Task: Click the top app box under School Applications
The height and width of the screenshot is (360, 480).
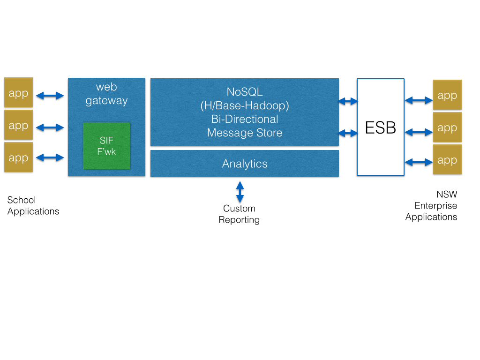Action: tap(19, 93)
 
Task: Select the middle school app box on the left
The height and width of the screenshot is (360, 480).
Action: tap(19, 125)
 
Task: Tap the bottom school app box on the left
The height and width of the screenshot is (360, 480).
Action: tap(19, 157)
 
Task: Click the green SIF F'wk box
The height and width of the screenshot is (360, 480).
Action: tap(106, 146)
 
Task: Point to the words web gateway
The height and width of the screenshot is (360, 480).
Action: tap(106, 94)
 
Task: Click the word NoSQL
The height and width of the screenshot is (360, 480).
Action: tap(245, 92)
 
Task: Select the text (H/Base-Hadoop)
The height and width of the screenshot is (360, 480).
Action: tap(245, 106)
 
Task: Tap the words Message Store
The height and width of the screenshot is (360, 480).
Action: tap(245, 133)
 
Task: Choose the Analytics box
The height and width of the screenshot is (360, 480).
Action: tap(245, 164)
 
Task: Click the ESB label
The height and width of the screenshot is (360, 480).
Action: tap(381, 127)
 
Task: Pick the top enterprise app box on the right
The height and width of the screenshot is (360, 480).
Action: tap(447, 95)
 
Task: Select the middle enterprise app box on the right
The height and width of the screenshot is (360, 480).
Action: tap(447, 127)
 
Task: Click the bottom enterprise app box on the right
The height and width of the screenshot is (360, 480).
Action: tap(447, 160)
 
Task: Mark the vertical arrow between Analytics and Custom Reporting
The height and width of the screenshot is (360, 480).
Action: tap(240, 192)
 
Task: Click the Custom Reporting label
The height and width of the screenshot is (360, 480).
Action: tap(239, 214)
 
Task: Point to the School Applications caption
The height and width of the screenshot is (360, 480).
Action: tap(33, 206)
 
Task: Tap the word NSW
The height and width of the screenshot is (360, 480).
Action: tap(447, 195)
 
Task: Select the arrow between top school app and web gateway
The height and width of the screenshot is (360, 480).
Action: tap(50, 96)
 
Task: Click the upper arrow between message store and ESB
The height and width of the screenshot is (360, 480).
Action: tap(348, 101)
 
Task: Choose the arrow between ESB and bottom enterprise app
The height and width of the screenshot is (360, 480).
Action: tap(419, 162)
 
